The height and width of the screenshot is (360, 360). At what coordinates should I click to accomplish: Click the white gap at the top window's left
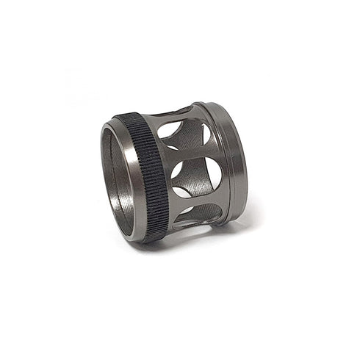[170, 131]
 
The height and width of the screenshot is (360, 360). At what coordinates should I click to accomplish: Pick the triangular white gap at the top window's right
[207, 134]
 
